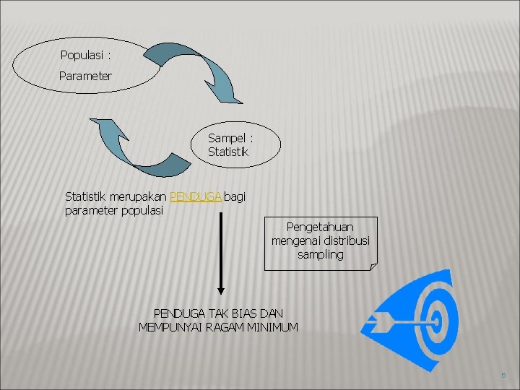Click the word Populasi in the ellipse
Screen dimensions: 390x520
coord(82,55)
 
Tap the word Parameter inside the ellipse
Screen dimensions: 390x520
coord(85,75)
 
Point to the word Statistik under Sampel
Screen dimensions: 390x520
coord(228,152)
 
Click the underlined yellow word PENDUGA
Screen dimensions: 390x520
coord(195,196)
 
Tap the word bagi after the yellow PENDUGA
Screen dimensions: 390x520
coord(235,196)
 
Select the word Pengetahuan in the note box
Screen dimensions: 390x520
coord(320,227)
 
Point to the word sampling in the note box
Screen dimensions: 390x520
coord(320,254)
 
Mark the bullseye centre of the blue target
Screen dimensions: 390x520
coord(435,318)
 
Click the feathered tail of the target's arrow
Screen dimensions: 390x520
coord(376,318)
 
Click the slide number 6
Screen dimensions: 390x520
coord(503,376)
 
